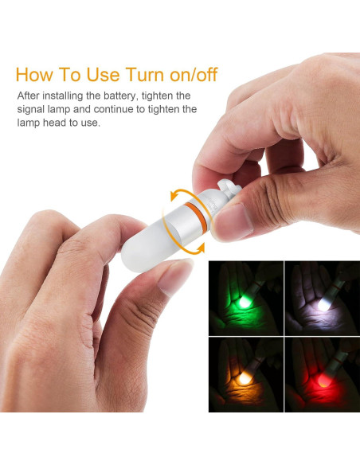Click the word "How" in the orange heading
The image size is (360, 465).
point(33,74)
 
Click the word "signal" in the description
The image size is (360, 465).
point(31,109)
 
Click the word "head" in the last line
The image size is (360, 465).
point(54,123)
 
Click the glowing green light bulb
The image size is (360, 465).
point(245,301)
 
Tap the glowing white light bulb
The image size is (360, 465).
point(323,304)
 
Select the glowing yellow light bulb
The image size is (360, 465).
point(245,377)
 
